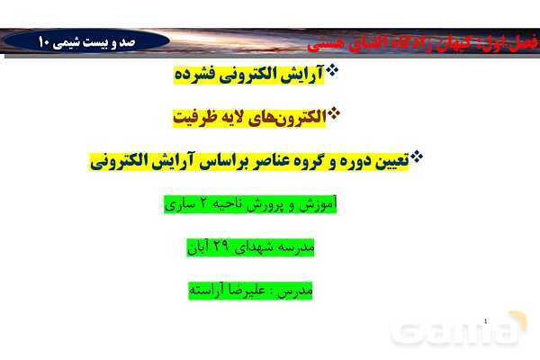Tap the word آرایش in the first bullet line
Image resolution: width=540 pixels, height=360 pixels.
click(x=302, y=76)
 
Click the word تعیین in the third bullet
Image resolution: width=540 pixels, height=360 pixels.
click(x=386, y=161)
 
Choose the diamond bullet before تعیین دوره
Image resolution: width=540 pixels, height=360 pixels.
click(x=416, y=157)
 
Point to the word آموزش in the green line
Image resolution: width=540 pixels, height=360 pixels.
click(x=317, y=203)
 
